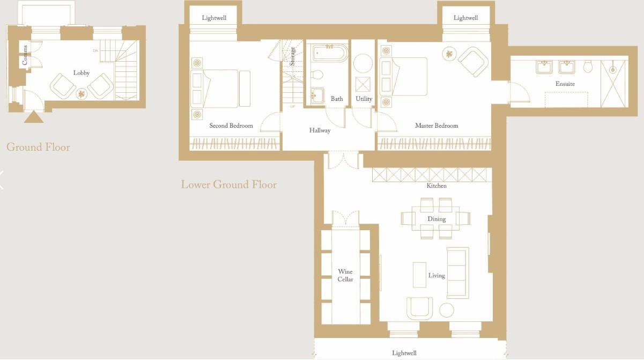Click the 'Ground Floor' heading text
click(38, 147)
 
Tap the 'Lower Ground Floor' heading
click(228, 185)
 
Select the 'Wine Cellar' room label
click(345, 275)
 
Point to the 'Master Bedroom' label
click(436, 126)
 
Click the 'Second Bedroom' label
click(231, 126)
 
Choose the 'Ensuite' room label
click(565, 84)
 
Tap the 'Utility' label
click(364, 99)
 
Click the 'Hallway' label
click(320, 130)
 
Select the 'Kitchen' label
click(436, 186)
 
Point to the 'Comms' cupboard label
click(25, 55)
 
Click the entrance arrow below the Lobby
click(33, 116)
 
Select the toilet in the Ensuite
click(588, 67)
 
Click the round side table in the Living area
click(447, 310)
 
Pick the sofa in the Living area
click(458, 273)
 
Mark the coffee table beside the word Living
click(419, 275)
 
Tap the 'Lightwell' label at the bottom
click(404, 353)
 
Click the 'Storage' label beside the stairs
click(293, 56)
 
